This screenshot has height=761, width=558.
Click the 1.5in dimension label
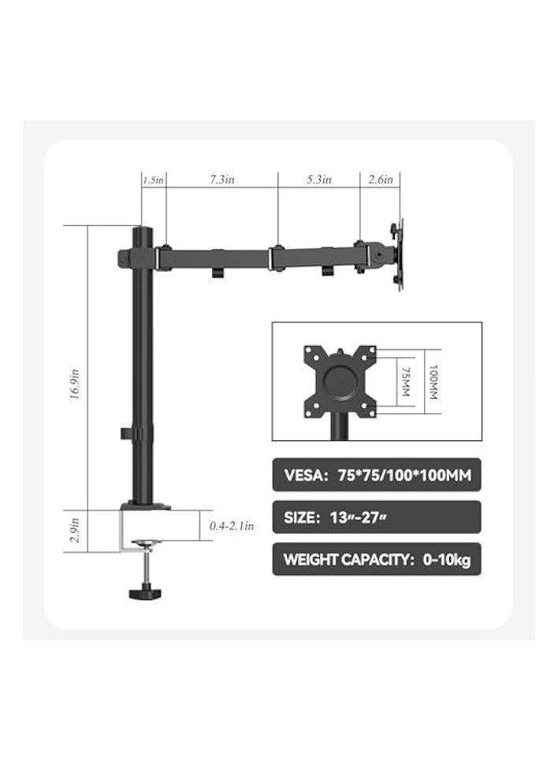[x=153, y=180]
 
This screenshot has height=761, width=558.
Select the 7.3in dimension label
[x=221, y=180]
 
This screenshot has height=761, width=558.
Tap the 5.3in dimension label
[x=318, y=180]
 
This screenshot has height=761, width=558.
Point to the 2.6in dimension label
[x=381, y=180]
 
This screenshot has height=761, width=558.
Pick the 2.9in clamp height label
[x=75, y=530]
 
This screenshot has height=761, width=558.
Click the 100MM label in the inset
[x=430, y=380]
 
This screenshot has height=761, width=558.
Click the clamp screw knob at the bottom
[x=145, y=592]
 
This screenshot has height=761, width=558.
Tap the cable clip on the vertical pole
[x=127, y=432]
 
